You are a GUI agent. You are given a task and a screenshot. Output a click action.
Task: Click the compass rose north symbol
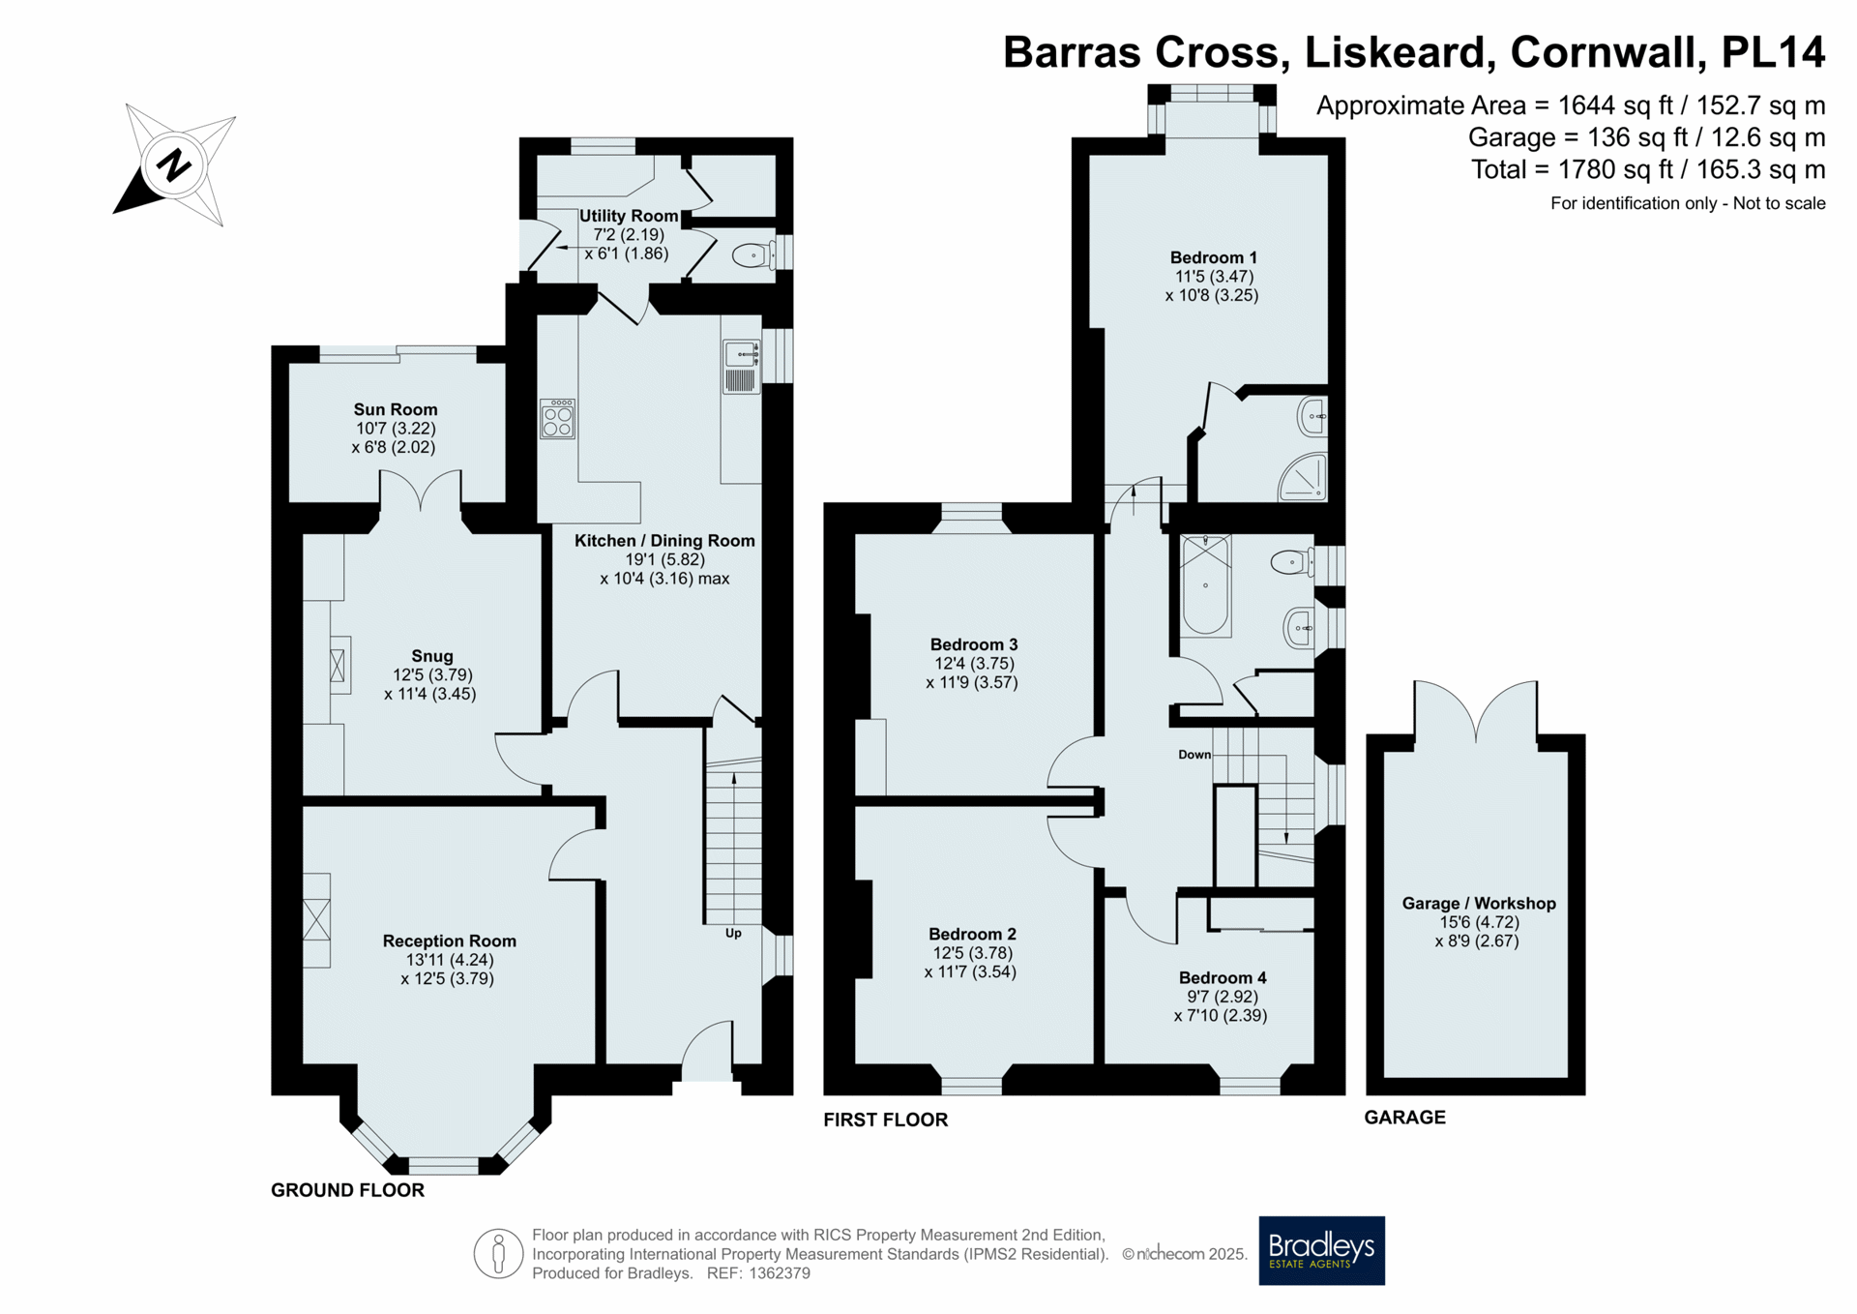coord(174,165)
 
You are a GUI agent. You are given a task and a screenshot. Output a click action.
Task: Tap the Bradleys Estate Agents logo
coord(1321,1250)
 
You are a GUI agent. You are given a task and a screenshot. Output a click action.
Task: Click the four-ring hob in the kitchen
coord(557,419)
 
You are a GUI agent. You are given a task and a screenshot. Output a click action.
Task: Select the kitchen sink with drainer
coord(741,367)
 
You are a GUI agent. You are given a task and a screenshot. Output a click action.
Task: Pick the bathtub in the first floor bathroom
coord(1205,585)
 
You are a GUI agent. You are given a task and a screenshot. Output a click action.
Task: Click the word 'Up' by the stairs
coord(733,933)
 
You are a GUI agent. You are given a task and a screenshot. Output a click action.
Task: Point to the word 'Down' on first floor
coord(1194,755)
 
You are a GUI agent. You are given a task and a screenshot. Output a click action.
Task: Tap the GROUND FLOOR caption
coord(347,1190)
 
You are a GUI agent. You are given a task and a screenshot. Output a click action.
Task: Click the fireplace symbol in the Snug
coord(338,666)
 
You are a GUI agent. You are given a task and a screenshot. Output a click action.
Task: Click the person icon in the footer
coord(498,1254)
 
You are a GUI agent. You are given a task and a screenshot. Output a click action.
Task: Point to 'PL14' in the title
coord(1774,52)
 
